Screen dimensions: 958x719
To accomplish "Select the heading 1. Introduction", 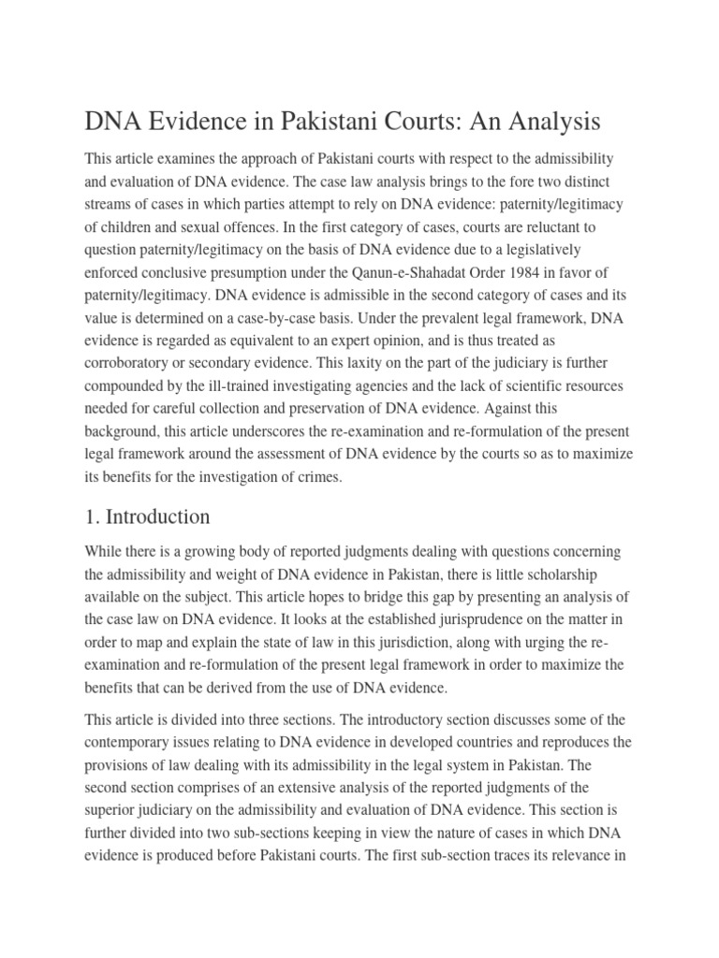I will click(147, 517).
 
